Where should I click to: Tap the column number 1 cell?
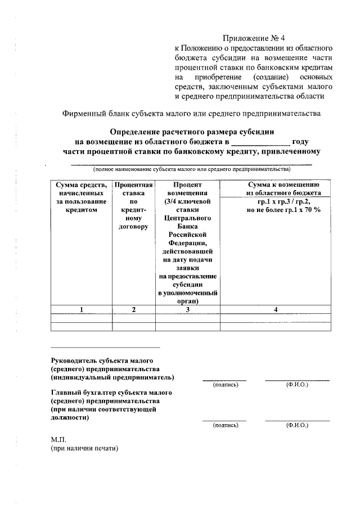click(x=82, y=309)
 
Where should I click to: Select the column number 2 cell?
click(x=133, y=309)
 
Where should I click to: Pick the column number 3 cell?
click(x=187, y=309)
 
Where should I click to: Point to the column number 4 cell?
click(x=275, y=309)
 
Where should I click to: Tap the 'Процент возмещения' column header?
click(x=187, y=188)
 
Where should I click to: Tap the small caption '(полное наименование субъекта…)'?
click(x=191, y=169)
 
